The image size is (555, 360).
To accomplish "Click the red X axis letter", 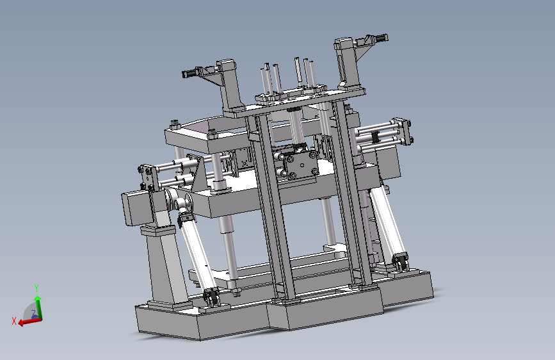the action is click(x=14, y=321).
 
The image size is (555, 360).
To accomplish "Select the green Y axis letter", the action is click(x=36, y=288).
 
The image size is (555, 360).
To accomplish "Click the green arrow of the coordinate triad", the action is click(x=38, y=307).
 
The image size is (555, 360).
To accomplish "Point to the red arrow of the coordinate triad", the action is click(x=29, y=322).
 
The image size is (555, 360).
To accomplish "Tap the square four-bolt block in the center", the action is click(x=302, y=165).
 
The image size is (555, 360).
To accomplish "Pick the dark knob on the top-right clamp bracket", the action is click(x=382, y=38).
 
